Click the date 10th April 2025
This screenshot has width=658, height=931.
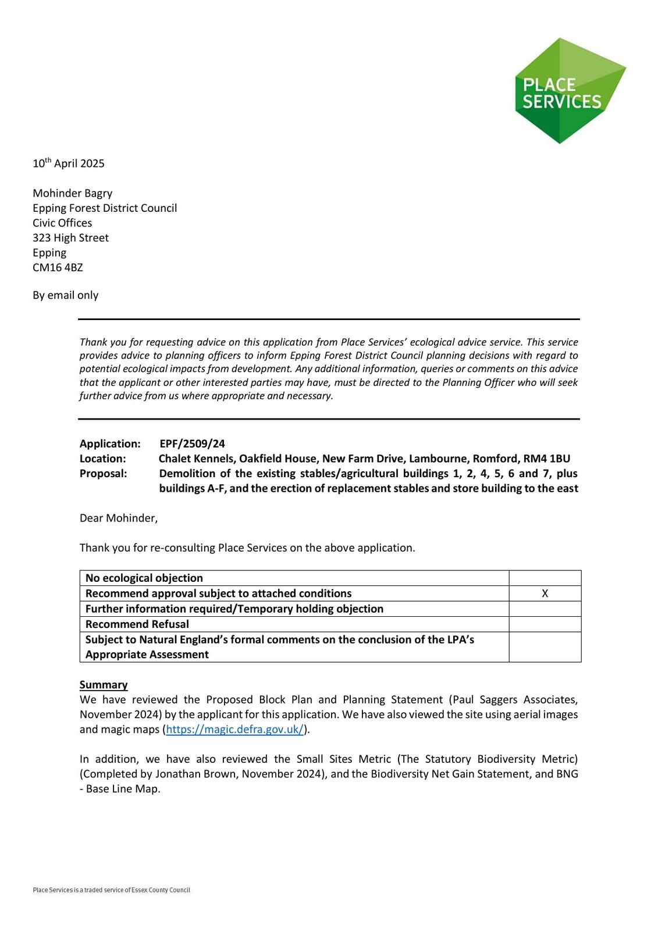point(69,164)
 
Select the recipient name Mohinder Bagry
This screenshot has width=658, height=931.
point(72,193)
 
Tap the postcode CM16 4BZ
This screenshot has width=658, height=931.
point(58,268)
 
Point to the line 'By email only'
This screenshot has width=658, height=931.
point(65,295)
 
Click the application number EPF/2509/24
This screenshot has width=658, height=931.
point(192,444)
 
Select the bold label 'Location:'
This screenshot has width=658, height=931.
point(102,459)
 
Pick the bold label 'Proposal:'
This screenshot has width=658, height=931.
point(103,474)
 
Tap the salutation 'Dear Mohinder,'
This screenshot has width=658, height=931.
point(118,518)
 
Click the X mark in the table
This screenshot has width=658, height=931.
point(545,594)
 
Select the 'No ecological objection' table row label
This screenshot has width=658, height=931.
point(144,578)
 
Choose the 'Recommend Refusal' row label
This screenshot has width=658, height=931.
point(137,624)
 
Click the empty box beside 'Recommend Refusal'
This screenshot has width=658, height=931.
point(545,624)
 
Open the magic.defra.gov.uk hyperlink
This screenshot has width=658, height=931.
point(234,730)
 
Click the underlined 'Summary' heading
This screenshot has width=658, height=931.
point(104,685)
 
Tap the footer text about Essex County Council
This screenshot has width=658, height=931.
point(111,890)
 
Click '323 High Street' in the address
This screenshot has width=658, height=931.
point(70,238)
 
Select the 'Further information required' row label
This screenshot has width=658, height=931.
point(234,609)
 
